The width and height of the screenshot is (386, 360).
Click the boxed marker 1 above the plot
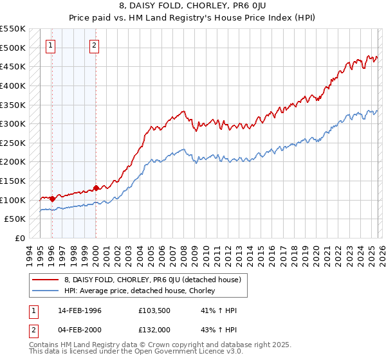[51, 45]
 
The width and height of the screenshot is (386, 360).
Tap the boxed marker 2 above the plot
[95, 45]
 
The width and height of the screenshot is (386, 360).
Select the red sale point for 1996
[52, 199]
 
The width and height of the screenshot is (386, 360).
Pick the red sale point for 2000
[96, 188]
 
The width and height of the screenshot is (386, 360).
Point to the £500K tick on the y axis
[13, 48]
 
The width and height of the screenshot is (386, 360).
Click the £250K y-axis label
[13, 143]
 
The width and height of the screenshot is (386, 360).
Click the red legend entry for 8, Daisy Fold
[152, 280]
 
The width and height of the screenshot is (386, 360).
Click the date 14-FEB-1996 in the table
[79, 310]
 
